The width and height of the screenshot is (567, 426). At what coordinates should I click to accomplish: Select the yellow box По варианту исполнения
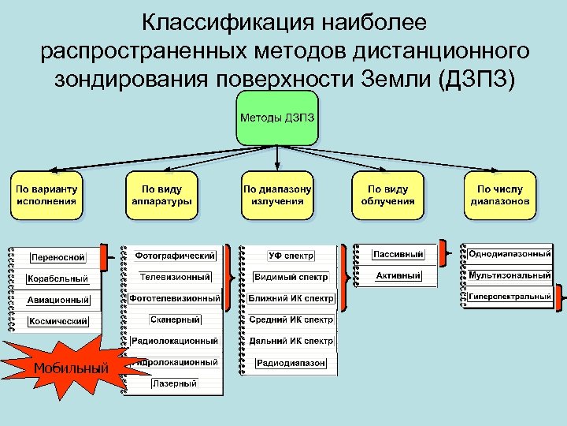coord(45,195)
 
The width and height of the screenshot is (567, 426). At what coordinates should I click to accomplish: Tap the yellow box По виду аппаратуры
coord(161,195)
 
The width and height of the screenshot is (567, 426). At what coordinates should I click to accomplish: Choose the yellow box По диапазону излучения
coord(276,195)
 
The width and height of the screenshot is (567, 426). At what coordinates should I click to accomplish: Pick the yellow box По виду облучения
coord(387,195)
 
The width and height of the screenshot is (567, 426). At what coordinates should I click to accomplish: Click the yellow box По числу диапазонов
coord(500,195)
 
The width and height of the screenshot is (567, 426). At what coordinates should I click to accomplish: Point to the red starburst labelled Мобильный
coord(71,368)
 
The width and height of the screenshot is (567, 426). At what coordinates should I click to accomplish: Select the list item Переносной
coord(57,257)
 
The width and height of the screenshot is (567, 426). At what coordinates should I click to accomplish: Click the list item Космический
coord(57,321)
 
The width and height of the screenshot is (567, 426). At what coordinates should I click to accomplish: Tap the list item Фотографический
coord(175,256)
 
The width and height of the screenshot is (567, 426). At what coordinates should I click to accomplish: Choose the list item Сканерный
coord(175,319)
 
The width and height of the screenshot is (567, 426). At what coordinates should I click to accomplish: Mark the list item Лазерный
coord(175,383)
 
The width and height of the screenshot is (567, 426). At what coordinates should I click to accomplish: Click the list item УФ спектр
coord(291,256)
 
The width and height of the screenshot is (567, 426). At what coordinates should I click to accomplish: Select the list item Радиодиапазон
coord(291,363)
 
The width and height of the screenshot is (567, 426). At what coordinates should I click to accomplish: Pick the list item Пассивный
coord(398,254)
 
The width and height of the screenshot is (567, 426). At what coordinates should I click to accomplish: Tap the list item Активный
coord(398,276)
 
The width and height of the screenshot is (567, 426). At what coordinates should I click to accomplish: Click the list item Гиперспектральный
coord(510,297)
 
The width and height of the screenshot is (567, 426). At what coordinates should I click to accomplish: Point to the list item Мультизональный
coord(510,275)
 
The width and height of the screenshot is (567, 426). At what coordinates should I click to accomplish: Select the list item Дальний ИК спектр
coord(291,342)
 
